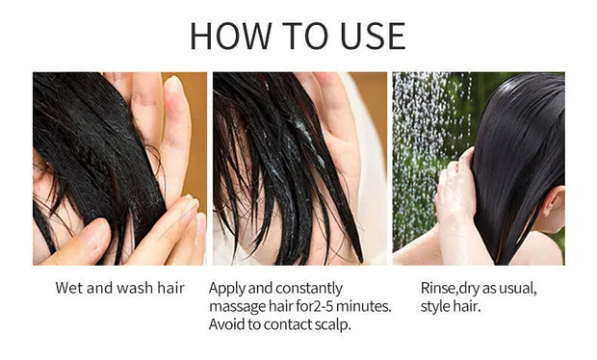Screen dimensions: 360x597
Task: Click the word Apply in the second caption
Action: [x=228, y=288]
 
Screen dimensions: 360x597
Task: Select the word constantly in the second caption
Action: [x=309, y=288]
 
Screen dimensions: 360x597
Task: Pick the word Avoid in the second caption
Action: [x=228, y=324]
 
